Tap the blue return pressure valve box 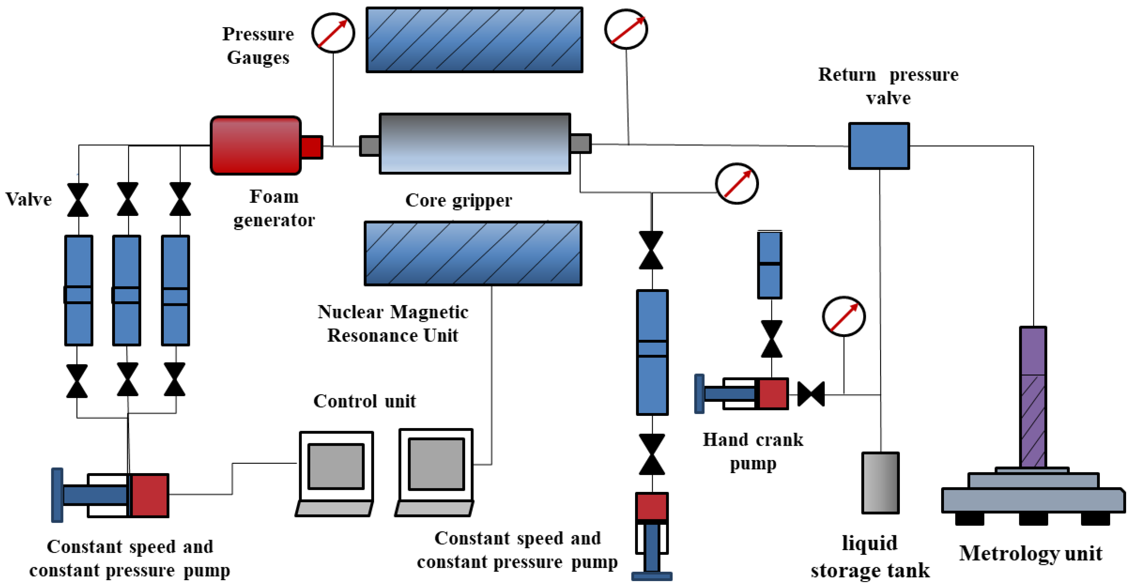pos(879,146)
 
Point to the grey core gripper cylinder pos(474,144)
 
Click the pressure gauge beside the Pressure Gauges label pos(333,33)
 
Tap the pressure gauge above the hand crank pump pos(843,317)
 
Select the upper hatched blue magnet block pos(474,40)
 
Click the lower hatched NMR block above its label pos(473,253)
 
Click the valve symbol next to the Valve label pos(78,200)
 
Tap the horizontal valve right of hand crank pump pos(810,394)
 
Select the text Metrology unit pos(1030,553)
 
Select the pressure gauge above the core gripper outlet pos(626,29)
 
